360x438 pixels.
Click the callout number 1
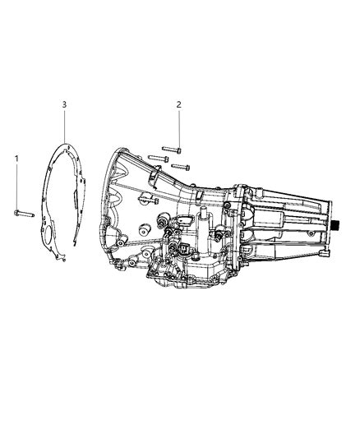[16, 159]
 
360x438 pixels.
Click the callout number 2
[178, 104]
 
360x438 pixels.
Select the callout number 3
[64, 104]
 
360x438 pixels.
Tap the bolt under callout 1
[24, 214]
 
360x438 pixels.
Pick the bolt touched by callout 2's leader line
[171, 150]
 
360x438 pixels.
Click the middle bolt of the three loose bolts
[158, 159]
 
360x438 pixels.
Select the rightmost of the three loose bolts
[181, 167]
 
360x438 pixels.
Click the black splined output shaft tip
[335, 224]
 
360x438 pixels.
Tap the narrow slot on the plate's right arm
[76, 199]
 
